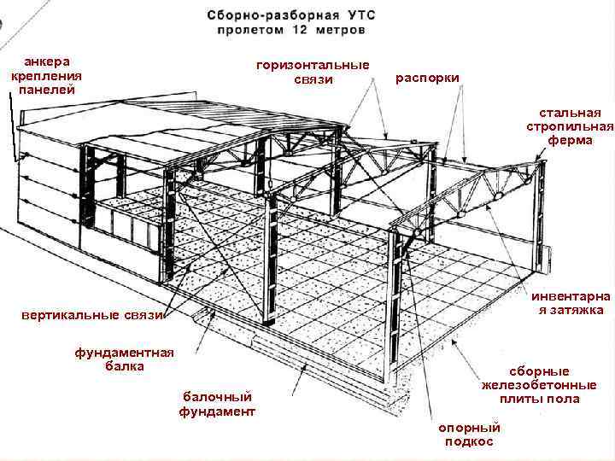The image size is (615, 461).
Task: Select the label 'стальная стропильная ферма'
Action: point(570,126)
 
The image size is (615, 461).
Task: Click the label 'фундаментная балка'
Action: point(124,359)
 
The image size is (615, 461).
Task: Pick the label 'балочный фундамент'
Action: point(217,404)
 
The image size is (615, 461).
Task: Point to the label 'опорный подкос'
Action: point(469,434)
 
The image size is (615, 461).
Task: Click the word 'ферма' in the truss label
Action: point(570,140)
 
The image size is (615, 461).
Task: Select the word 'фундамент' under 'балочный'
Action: point(217,411)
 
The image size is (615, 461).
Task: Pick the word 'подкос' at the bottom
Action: point(469,441)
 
